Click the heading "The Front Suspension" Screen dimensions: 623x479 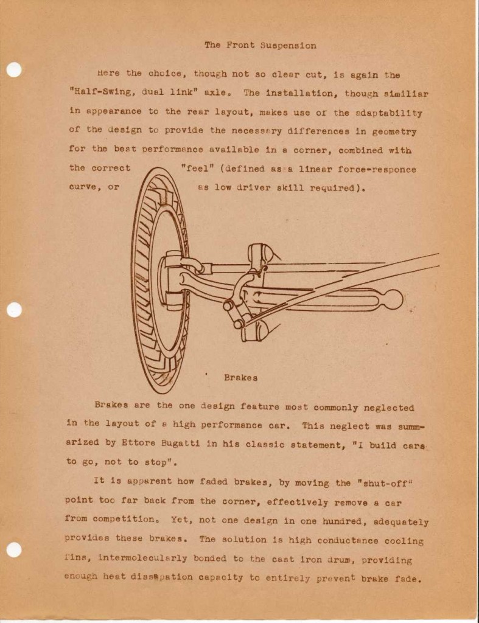point(260,45)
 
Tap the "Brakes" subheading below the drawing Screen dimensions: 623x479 point(240,378)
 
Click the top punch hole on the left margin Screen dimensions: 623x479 point(14,70)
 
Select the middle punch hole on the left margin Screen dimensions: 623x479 point(14,310)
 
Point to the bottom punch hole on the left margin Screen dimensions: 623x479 point(14,549)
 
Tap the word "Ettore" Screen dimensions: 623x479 point(131,444)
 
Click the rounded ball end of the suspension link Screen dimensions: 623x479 point(393,299)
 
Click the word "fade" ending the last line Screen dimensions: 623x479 point(407,579)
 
